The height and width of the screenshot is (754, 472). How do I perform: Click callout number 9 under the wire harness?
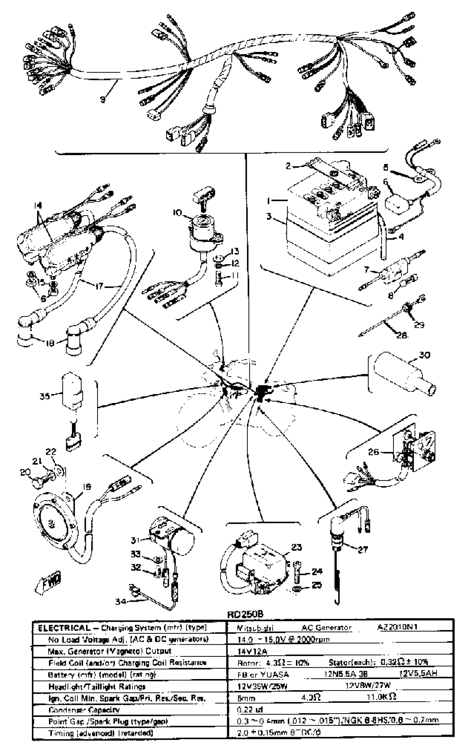(102, 99)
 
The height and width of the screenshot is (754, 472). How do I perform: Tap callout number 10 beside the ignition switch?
(177, 213)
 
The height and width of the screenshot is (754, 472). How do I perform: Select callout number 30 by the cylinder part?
(425, 355)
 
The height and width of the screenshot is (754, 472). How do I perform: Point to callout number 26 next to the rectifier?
(373, 452)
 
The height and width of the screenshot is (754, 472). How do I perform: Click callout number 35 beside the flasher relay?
(45, 396)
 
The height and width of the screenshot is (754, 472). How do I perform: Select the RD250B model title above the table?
(245, 614)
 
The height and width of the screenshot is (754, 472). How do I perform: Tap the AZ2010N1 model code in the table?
(397, 627)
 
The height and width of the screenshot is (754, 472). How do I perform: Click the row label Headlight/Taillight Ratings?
(97, 687)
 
